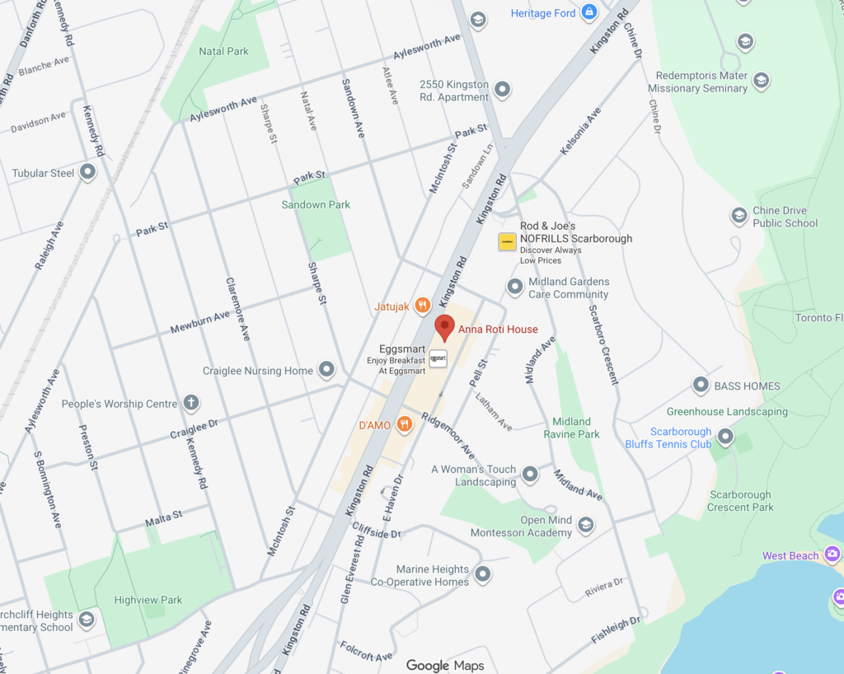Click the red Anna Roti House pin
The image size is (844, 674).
(x=444, y=326)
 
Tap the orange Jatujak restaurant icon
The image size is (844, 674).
(x=422, y=306)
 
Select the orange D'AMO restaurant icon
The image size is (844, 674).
(x=404, y=424)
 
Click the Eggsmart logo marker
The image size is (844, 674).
(x=438, y=359)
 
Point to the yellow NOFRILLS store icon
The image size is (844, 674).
(x=507, y=241)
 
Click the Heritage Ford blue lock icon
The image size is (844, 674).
(x=588, y=12)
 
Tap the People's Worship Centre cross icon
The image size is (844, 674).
(x=190, y=403)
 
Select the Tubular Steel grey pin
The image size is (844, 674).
(x=87, y=173)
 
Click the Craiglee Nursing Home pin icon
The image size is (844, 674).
(x=326, y=370)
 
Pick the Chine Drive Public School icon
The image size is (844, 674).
(x=739, y=216)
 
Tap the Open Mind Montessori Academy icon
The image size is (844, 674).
(x=585, y=525)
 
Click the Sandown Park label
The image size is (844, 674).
(x=316, y=204)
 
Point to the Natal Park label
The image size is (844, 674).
(x=223, y=51)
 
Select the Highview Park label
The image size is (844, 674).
(x=148, y=600)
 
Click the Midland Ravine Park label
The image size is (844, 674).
(x=571, y=428)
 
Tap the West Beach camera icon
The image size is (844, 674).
(x=832, y=555)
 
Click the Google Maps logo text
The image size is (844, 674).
(x=445, y=665)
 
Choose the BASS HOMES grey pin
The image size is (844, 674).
(x=701, y=385)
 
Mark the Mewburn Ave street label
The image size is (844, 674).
(x=200, y=321)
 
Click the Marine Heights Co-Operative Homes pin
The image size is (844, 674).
(x=483, y=573)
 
